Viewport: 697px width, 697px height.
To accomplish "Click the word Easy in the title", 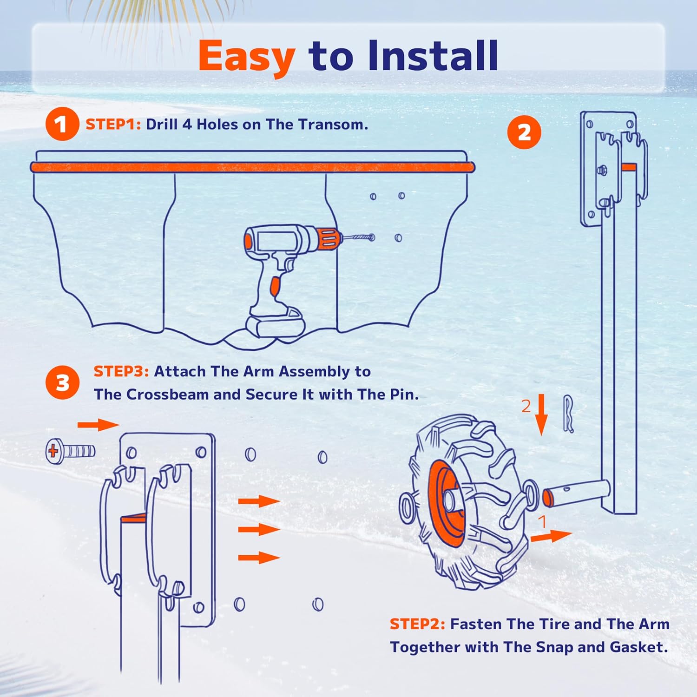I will (x=246, y=57).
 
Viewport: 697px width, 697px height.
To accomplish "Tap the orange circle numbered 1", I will (x=61, y=124).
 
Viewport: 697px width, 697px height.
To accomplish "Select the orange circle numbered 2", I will (x=524, y=132).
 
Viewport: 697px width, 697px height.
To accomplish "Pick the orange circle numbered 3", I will (x=62, y=383).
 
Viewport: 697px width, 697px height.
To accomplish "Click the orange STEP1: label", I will (x=113, y=125).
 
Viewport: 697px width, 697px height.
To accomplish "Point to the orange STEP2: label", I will (x=417, y=624).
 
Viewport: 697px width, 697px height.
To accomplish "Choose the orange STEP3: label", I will (x=121, y=371).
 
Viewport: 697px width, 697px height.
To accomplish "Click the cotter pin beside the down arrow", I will (x=568, y=414).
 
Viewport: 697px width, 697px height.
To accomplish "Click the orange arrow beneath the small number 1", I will (x=551, y=536).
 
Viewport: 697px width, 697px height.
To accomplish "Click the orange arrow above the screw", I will (x=98, y=424).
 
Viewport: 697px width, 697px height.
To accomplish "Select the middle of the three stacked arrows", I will (x=259, y=529).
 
